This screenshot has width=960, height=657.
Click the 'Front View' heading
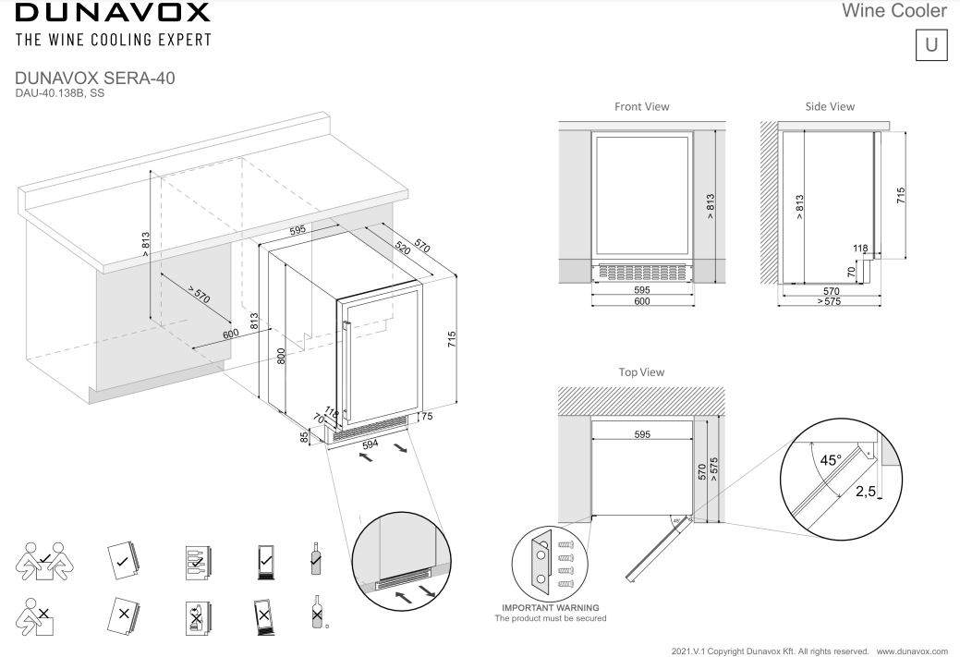pos(641,107)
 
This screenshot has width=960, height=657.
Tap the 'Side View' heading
pos(829,107)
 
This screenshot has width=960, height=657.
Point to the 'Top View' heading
pos(641,371)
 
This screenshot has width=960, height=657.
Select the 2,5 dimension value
pos(866,492)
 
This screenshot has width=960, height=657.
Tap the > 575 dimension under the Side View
pos(829,302)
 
